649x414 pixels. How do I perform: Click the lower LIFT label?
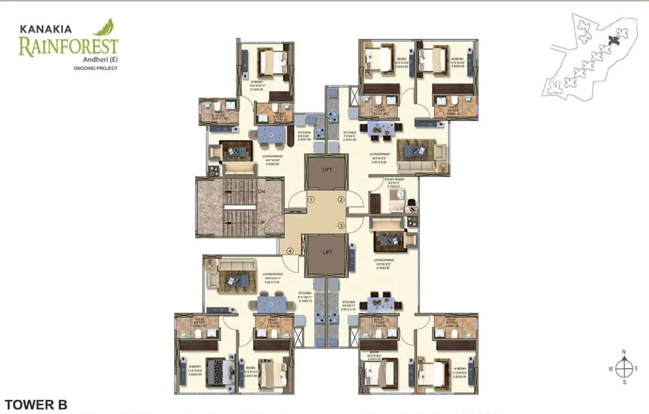click(327, 252)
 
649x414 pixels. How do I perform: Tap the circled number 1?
click(310, 200)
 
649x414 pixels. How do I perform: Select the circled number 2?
click(341, 200)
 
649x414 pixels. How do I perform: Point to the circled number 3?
click(341, 225)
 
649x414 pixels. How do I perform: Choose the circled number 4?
click(290, 251)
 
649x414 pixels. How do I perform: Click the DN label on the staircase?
click(261, 191)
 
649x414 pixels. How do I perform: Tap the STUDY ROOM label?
click(394, 180)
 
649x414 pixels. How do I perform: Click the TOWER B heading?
click(36, 404)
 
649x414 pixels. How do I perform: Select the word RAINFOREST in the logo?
click(68, 47)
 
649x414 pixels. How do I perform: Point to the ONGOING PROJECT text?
click(96, 68)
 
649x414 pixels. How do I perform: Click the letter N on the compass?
click(624, 352)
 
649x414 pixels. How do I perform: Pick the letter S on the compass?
click(624, 381)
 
